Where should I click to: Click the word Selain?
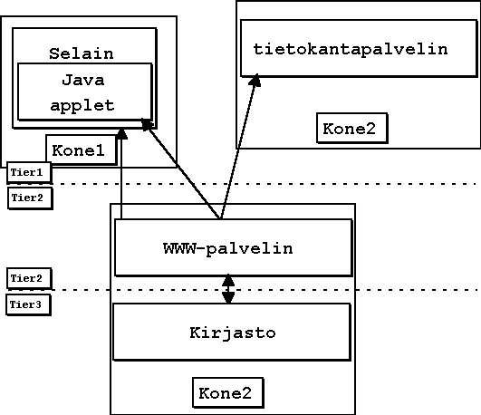click(x=82, y=53)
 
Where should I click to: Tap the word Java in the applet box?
click(x=83, y=80)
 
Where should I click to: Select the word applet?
click(x=82, y=106)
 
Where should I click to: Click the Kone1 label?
click(x=78, y=150)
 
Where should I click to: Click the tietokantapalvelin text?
click(x=351, y=50)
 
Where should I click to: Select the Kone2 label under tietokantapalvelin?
click(x=349, y=129)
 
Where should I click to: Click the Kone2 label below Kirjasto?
click(x=226, y=393)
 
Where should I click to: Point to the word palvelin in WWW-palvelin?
click(x=249, y=249)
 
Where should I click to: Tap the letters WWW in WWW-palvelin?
click(x=179, y=248)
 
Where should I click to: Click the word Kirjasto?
click(x=233, y=333)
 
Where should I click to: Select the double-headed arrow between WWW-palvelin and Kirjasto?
click(x=228, y=289)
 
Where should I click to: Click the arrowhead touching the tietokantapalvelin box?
click(x=255, y=81)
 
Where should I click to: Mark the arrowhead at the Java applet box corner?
click(x=147, y=124)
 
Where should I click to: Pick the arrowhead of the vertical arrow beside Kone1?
click(x=121, y=134)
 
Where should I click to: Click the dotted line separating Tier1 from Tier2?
click(x=264, y=184)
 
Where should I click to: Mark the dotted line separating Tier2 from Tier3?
click(x=264, y=289)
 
